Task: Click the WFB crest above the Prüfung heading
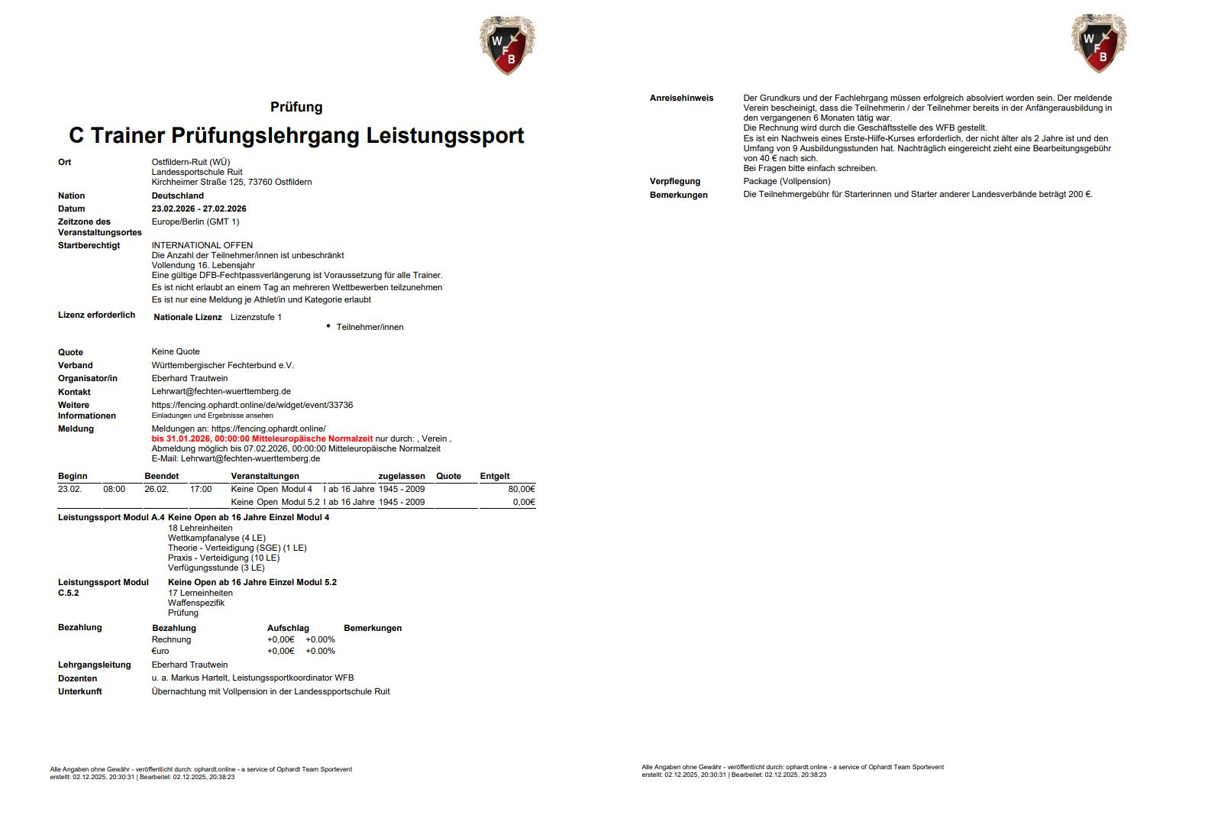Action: [x=507, y=45]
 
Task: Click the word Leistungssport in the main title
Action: [x=445, y=136]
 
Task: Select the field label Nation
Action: [x=72, y=196]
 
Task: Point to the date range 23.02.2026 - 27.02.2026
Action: [x=199, y=209]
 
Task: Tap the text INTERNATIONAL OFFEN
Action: [x=202, y=245]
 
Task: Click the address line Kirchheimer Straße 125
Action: [x=231, y=182]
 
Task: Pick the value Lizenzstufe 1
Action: [x=256, y=317]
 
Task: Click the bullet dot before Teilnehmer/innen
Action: [x=328, y=326]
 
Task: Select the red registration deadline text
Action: [x=262, y=438]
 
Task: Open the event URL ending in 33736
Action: [x=252, y=405]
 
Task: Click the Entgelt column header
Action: [x=494, y=476]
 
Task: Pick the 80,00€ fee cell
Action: [x=522, y=489]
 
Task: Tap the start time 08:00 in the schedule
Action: [x=114, y=489]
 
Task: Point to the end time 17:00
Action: [x=201, y=489]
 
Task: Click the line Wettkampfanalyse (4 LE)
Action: [x=217, y=538]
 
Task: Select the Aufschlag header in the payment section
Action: [x=288, y=628]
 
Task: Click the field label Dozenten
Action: [x=78, y=678]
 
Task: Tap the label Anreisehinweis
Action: [x=681, y=98]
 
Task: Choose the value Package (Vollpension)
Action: [x=787, y=181]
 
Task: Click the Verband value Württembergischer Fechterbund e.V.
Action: [x=222, y=365]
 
